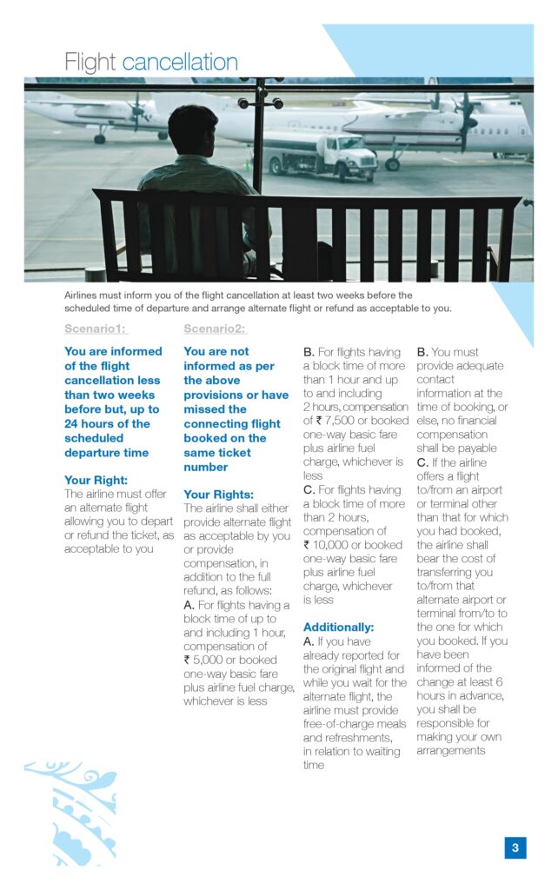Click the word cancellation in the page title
tap(180, 63)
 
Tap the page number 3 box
tap(515, 847)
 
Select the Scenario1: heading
tap(95, 329)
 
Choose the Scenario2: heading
tap(215, 329)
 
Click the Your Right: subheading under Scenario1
tap(96, 479)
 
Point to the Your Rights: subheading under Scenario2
tap(218, 494)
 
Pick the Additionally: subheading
tap(338, 627)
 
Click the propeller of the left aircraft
tap(136, 110)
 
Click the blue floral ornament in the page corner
tap(70, 813)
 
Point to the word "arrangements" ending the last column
tap(450, 750)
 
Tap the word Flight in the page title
tap(90, 63)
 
